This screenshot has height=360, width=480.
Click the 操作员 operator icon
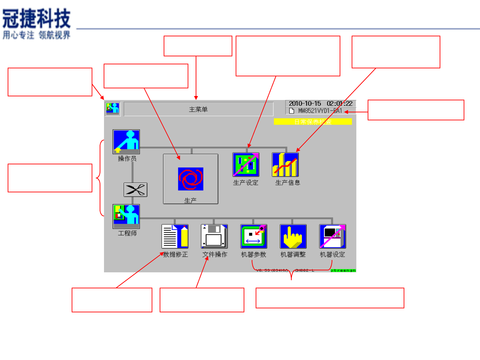pos(126,141)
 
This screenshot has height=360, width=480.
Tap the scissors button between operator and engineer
pos(135,190)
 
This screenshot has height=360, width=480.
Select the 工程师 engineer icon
pos(126,215)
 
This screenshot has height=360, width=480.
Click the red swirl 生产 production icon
pos(190,179)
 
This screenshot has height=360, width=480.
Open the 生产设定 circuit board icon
pos(246,165)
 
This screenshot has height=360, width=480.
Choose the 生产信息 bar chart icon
pos(285,165)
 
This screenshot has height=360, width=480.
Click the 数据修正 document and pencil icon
pos(175,236)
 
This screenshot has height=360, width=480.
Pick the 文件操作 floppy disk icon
pos(214,236)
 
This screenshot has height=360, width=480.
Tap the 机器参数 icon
pos(254,236)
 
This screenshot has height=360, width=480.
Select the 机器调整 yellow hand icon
pos(293,236)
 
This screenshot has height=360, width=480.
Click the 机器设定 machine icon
pos(332,236)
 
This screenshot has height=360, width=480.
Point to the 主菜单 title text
pos(198,109)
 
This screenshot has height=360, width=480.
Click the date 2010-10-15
pos(305,104)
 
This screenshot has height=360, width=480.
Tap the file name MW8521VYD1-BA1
pos(320,111)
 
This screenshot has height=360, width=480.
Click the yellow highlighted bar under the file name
pos(313,122)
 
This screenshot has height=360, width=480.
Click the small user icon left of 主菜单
pos(113,109)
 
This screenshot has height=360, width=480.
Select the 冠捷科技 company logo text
pos(37,18)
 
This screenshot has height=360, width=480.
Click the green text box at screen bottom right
pos(343,270)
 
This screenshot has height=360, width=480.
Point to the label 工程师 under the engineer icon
pos(127,233)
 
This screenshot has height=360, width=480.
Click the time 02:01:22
pos(339,104)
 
